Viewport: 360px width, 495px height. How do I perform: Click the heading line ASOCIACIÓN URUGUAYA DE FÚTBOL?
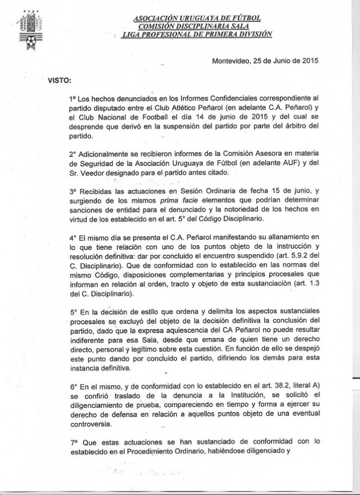point(197,18)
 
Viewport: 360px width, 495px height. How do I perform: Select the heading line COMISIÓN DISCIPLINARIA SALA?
point(196,26)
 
